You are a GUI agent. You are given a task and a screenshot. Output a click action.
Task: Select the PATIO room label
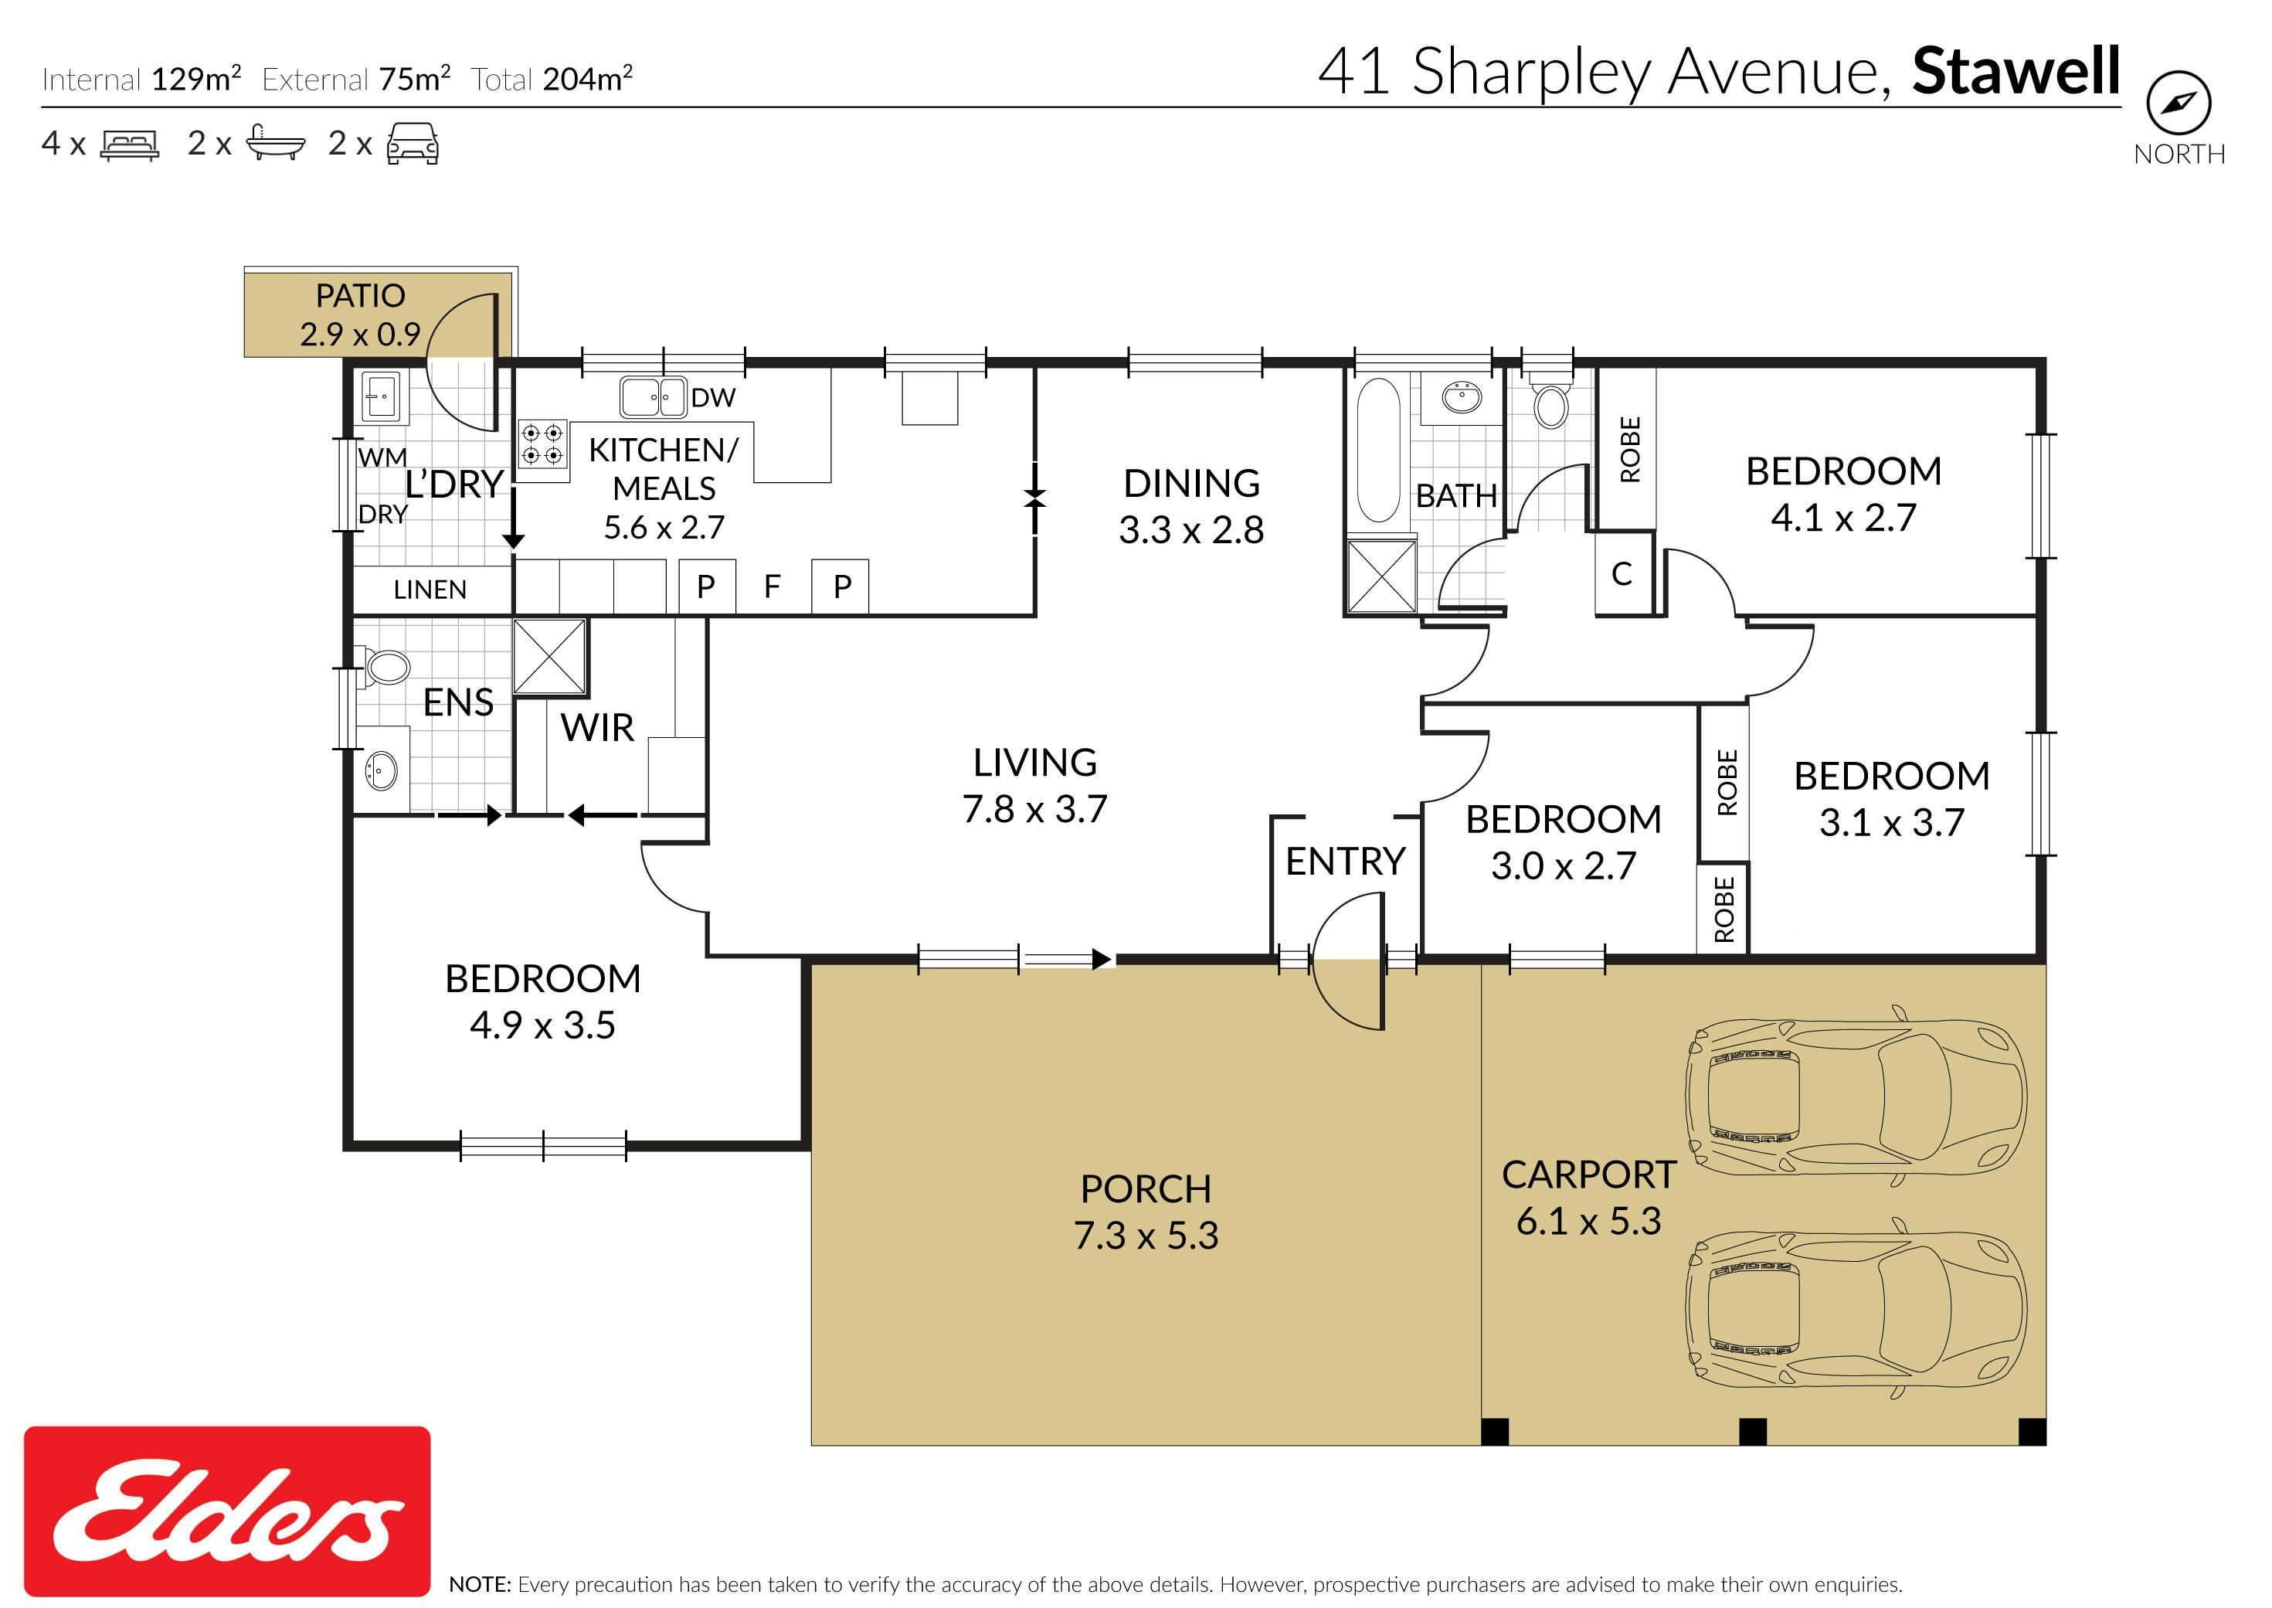tap(360, 295)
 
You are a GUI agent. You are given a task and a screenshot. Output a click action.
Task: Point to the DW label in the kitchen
tap(713, 398)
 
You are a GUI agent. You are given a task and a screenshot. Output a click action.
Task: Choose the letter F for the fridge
tap(773, 586)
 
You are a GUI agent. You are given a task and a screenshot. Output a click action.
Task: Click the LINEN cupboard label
tap(430, 590)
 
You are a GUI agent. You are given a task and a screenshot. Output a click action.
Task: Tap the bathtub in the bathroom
tap(1377, 450)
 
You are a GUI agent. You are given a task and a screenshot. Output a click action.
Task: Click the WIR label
tap(597, 728)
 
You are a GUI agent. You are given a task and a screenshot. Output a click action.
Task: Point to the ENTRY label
tap(1346, 862)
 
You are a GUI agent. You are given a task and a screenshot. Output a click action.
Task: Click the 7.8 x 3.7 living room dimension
tap(1034, 809)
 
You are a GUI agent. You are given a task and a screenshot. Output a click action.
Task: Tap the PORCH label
tap(1146, 1188)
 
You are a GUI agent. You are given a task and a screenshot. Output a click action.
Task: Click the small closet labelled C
tap(1622, 574)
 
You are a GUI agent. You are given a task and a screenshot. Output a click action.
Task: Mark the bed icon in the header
tap(130, 144)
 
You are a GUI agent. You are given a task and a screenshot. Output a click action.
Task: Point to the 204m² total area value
tap(588, 78)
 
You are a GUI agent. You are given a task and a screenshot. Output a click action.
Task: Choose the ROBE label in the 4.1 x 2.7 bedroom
tap(1629, 450)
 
